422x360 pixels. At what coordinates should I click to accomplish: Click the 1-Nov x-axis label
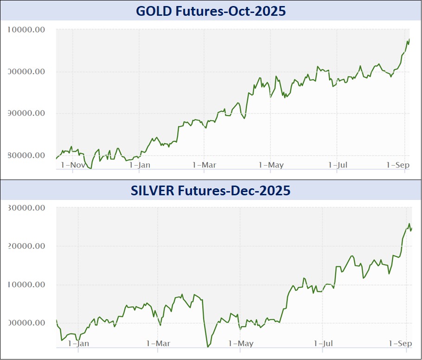[x=73, y=165]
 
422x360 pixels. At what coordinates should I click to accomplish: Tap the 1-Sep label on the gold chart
[x=397, y=165]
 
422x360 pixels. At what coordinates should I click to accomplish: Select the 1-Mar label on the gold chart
[x=204, y=165]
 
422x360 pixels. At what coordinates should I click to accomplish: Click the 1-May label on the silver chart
[x=241, y=343]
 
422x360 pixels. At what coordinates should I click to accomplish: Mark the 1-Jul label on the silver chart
[x=324, y=343]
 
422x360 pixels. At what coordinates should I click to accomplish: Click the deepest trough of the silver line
[x=207, y=347]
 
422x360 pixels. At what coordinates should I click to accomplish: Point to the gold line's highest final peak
[x=409, y=39]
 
